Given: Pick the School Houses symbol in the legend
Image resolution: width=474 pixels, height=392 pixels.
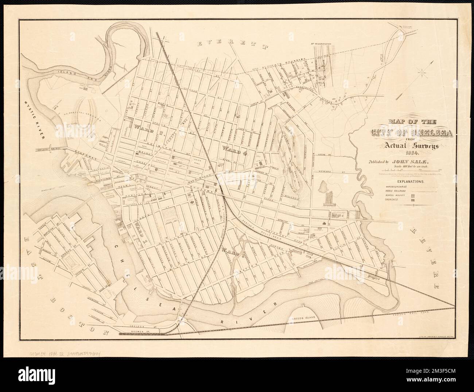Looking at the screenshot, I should point(412,195).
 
